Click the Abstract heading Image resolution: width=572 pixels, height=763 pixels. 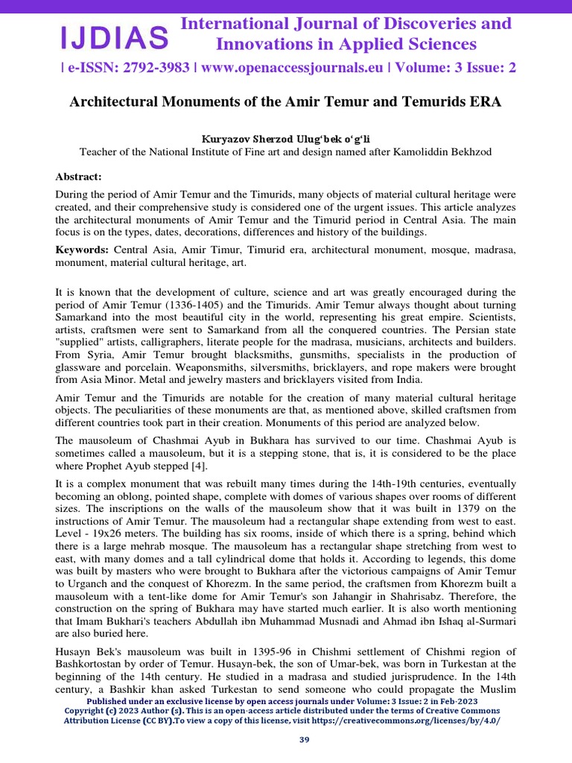78,177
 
